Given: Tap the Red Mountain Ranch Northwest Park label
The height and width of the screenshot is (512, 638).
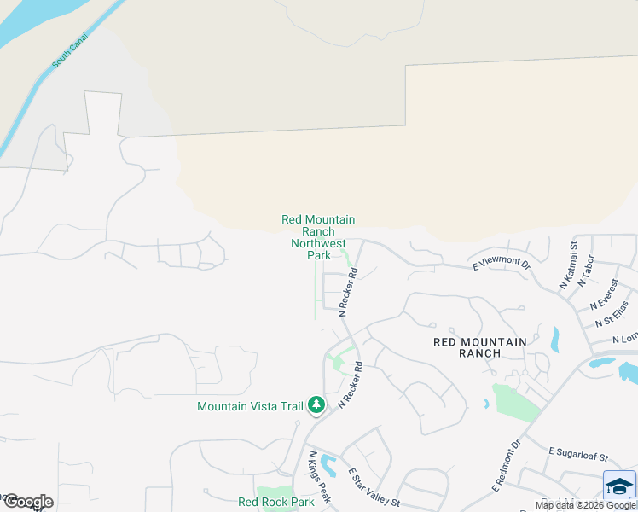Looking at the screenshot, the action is (x=318, y=237).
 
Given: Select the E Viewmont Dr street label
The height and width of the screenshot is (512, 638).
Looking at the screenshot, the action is (x=501, y=265).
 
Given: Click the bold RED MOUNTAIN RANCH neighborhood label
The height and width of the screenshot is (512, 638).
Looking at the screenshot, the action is (x=480, y=346).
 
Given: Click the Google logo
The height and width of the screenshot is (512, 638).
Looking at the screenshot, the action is (x=27, y=501).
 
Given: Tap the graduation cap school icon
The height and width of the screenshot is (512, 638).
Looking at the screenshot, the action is (x=618, y=486).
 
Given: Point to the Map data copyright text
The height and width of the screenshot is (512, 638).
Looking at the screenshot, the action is (x=586, y=505).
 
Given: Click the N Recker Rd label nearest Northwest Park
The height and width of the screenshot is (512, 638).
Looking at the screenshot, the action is (x=347, y=293).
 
